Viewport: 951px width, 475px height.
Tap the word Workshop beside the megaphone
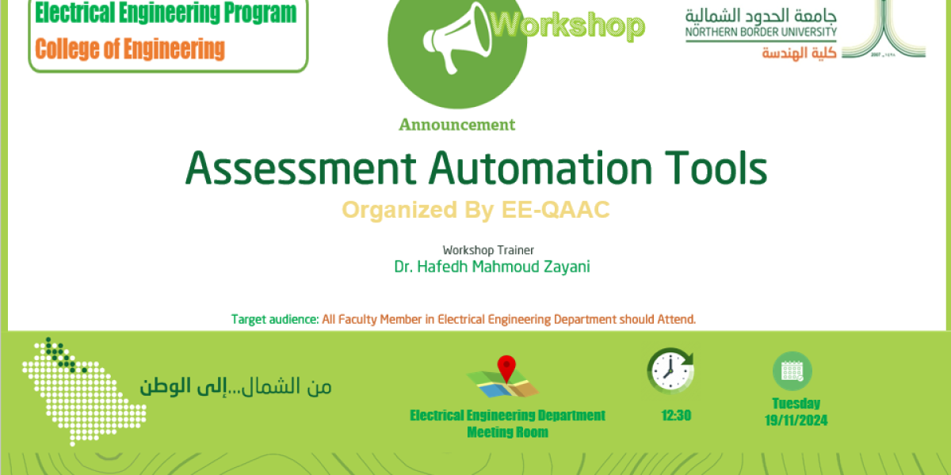(567, 26)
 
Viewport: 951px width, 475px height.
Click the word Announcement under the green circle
(457, 124)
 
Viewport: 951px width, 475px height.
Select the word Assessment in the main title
(300, 168)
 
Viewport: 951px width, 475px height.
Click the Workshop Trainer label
(489, 250)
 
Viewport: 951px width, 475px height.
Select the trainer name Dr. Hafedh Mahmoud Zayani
(492, 267)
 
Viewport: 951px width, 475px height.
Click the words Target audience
(274, 320)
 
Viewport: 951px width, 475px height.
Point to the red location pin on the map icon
(506, 368)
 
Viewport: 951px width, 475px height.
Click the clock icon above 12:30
(670, 370)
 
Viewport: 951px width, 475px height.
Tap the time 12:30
(676, 415)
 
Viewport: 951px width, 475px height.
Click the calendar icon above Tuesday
(792, 370)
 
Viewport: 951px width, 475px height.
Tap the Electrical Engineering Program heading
(166, 13)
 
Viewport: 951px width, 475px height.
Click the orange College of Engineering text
(130, 49)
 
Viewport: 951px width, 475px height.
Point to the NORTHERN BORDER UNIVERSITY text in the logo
(761, 32)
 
